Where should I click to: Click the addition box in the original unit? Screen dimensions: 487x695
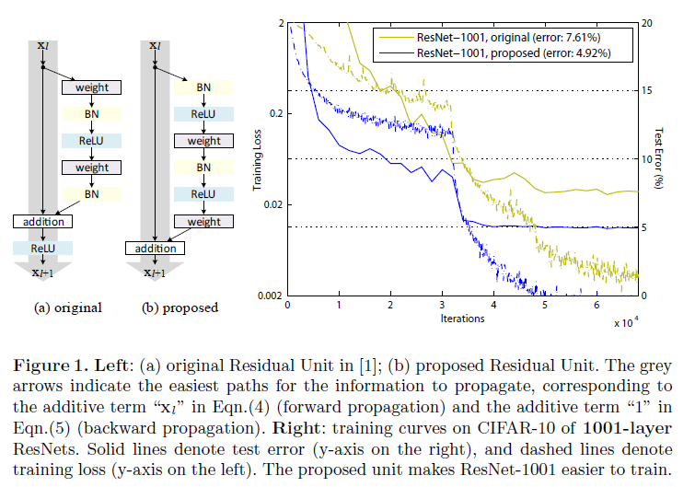[x=44, y=222]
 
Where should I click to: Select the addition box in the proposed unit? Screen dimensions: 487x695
[x=155, y=249]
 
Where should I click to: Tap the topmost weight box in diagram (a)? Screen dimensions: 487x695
[x=92, y=87]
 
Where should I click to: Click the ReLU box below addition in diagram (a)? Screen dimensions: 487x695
[x=44, y=248]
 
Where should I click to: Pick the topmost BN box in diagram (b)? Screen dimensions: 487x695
[x=203, y=87]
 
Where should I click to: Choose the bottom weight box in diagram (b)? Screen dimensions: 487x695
[x=203, y=222]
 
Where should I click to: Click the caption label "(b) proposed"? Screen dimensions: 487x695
[x=181, y=307]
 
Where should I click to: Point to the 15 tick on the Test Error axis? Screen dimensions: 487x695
[x=646, y=89]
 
